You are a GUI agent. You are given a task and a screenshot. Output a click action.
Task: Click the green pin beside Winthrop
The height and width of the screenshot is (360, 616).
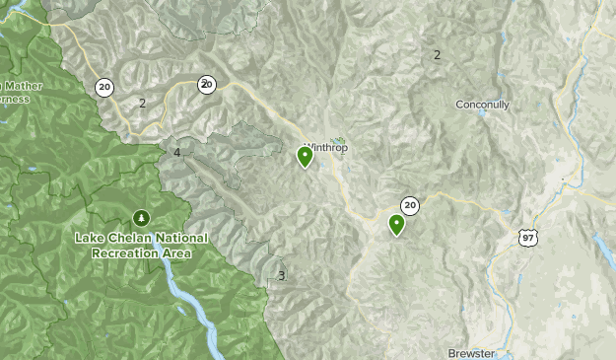[305, 156]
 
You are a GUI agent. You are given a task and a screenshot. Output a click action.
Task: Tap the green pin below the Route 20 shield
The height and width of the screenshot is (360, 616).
[396, 224]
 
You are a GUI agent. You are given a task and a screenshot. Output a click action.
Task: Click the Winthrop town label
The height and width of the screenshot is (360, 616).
[326, 148]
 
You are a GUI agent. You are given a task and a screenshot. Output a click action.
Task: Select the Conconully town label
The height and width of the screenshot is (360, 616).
[482, 105]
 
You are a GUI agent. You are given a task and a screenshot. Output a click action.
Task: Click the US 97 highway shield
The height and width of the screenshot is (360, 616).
[529, 238]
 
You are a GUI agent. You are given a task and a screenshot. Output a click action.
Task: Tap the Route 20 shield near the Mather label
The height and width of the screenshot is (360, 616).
[104, 87]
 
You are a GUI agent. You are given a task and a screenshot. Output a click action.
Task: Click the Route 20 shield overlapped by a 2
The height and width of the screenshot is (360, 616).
[206, 84]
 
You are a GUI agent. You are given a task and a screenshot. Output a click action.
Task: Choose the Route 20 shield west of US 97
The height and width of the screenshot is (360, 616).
[410, 205]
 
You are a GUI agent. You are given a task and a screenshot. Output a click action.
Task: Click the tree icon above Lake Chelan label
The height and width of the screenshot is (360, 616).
[140, 217]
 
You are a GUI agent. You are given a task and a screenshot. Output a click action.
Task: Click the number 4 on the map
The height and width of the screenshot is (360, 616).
[177, 153]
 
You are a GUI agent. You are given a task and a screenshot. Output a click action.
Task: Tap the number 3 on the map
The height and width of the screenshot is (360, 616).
[281, 275]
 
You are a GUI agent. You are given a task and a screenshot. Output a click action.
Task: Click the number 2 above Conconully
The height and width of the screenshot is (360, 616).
[437, 55]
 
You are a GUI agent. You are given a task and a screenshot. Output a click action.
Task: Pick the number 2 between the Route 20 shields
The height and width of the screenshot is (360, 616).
[142, 103]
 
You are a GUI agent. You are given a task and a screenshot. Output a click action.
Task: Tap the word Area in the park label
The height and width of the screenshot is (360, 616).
[178, 252]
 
